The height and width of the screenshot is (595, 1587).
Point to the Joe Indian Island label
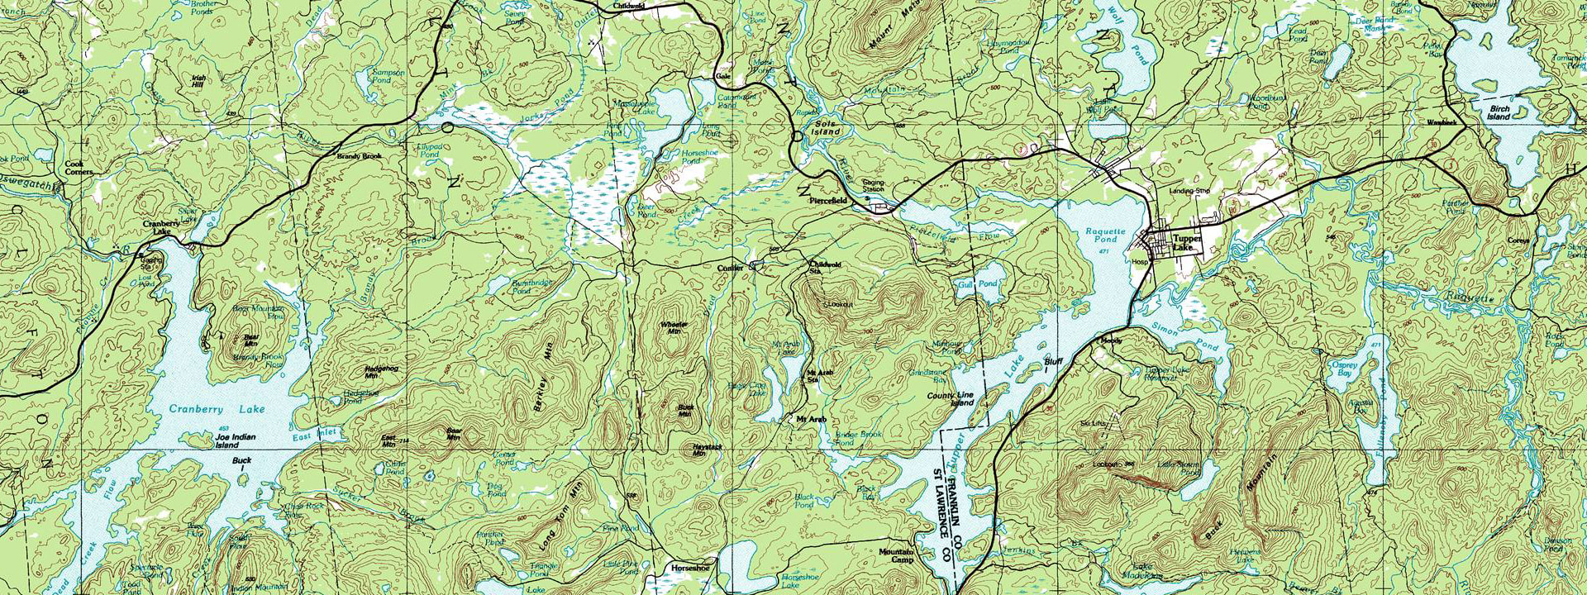coord(236,440)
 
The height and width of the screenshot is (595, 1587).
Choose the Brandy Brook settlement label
coord(359,155)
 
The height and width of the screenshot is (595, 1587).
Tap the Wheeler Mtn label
coord(674,326)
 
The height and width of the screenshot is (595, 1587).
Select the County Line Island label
coord(951,399)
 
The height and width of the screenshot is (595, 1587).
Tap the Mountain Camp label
coord(896,555)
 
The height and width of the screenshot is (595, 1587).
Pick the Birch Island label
coord(1499,112)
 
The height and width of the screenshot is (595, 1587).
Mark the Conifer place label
coord(730,268)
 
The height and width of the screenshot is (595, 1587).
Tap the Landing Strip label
coord(1189,191)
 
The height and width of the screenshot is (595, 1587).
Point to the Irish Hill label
coord(198,81)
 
